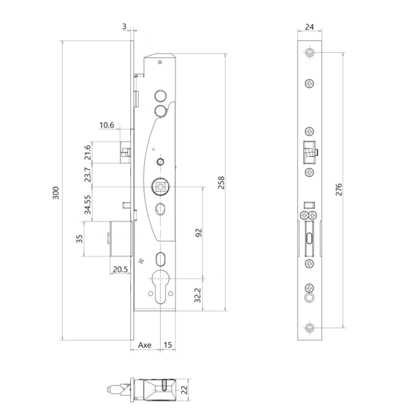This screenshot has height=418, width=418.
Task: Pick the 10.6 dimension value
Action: point(107,125)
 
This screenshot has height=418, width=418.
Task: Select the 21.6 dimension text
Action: point(88,153)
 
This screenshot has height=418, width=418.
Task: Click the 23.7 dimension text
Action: point(88,175)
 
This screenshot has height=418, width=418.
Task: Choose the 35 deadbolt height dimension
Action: point(79,239)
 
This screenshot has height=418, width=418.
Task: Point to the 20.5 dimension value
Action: point(119,270)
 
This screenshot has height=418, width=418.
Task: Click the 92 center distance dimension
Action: point(199,233)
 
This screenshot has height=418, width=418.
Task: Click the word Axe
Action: point(145,345)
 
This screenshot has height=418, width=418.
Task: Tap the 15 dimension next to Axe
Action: point(167,345)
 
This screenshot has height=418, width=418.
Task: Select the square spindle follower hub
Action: point(160,186)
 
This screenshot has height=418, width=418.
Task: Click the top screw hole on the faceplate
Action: point(309,54)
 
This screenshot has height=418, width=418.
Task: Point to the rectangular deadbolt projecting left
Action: point(120,239)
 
